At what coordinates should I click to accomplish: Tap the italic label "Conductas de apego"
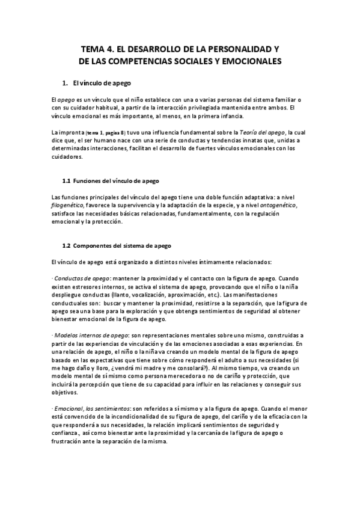82,278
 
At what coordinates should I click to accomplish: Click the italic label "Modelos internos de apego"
90,335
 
